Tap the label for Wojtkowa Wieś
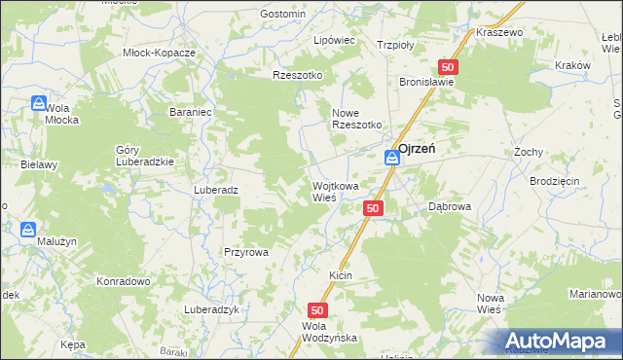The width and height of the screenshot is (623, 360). tap(335, 191)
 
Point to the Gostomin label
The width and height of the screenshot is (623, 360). tap(283, 14)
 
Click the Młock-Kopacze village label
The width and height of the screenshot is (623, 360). tap(160, 53)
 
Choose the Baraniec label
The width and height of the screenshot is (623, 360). tap(191, 112)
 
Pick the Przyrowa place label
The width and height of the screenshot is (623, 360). tap(245, 251)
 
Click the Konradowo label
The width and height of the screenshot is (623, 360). tap(123, 281)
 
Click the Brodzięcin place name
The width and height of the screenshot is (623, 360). tap(555, 182)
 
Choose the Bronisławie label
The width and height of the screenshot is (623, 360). tap(426, 83)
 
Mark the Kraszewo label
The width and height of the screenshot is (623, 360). tap(499, 32)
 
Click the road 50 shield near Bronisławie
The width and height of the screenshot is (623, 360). tap(448, 67)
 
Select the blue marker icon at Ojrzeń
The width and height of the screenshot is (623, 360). tap(390, 157)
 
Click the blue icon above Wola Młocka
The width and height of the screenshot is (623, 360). tap(38, 102)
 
